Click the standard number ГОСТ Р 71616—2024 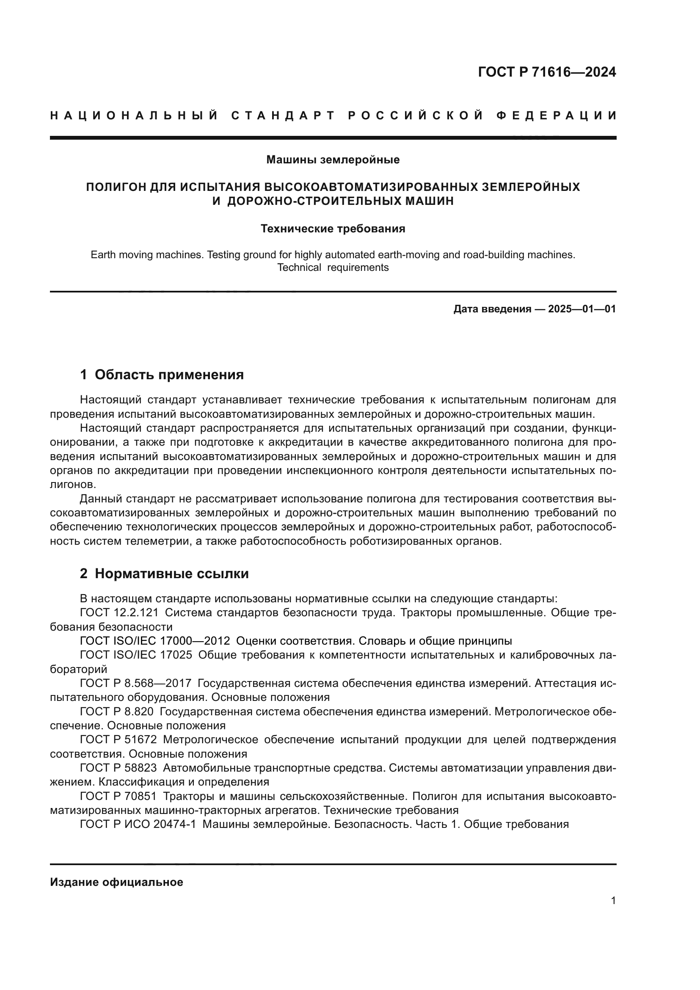click(546, 72)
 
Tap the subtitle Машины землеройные click(333, 160)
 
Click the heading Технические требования click(333, 229)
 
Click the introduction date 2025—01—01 click(582, 309)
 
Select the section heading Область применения click(169, 375)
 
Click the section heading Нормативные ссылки click(171, 574)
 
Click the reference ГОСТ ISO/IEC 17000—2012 click(155, 641)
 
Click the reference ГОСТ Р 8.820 click(116, 711)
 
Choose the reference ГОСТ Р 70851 click(118, 796)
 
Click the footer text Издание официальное click(116, 882)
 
